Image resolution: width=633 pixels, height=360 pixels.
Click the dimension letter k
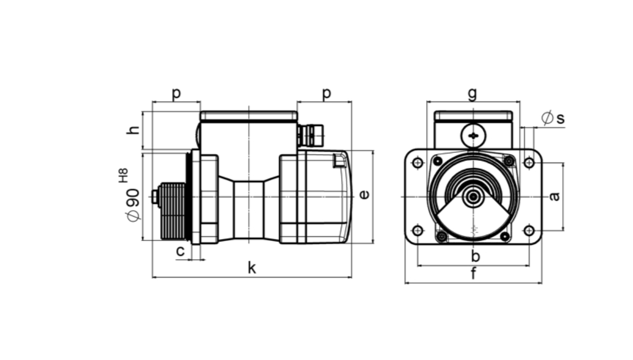[x=252, y=268]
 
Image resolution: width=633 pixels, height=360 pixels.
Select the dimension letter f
[x=473, y=273]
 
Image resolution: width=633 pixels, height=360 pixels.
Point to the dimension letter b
[x=475, y=256]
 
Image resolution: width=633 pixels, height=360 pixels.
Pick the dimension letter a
[x=555, y=196]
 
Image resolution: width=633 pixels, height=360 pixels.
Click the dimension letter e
[x=364, y=195]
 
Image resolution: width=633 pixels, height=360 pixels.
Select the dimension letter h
[x=133, y=130]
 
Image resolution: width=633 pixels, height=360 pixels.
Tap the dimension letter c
[x=180, y=251]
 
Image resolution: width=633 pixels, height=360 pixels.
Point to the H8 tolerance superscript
[x=124, y=175]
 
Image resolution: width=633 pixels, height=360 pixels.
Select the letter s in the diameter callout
[x=560, y=118]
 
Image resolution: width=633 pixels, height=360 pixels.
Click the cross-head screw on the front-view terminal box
[x=473, y=136]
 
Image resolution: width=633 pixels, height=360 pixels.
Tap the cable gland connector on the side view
[x=310, y=135]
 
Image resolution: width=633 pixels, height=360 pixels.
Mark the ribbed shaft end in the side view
[x=173, y=211]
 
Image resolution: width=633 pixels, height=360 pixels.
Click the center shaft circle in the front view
[x=473, y=197]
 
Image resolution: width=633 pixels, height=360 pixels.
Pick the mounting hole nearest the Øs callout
[x=529, y=163]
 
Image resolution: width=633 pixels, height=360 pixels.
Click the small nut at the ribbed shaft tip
[x=154, y=197]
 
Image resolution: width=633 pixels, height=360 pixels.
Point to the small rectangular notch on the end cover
[x=339, y=161]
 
